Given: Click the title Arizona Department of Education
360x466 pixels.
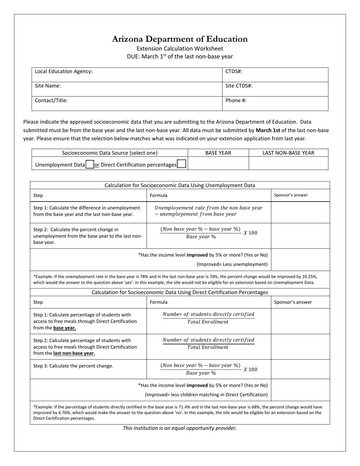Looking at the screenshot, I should (180, 39).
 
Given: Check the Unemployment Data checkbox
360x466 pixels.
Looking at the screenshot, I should (90, 164).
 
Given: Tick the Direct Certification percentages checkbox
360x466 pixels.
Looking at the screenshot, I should (182, 164).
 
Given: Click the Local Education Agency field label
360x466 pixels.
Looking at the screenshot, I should (64, 71).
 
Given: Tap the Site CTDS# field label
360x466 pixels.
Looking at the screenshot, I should (239, 86).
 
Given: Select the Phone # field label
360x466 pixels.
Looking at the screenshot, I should (236, 100).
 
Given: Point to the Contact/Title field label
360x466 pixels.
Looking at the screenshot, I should (51, 100).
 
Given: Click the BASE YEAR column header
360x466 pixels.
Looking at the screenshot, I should (218, 153).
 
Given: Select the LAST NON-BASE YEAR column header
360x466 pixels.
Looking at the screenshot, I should (288, 153).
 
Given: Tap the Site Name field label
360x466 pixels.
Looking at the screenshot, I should (48, 86).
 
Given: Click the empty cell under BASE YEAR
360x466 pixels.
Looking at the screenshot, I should (218, 164).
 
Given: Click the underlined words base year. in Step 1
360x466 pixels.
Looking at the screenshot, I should (64, 328).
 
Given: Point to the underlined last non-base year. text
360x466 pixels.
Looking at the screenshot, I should (74, 353).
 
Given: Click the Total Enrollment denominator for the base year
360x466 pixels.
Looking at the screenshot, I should (208, 322).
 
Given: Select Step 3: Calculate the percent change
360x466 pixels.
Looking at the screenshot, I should (73, 366).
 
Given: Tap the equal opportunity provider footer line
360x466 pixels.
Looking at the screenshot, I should (180, 428).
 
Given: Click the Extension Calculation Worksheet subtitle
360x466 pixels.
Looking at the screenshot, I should (180, 48).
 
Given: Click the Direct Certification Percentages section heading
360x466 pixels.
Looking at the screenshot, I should (180, 292).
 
